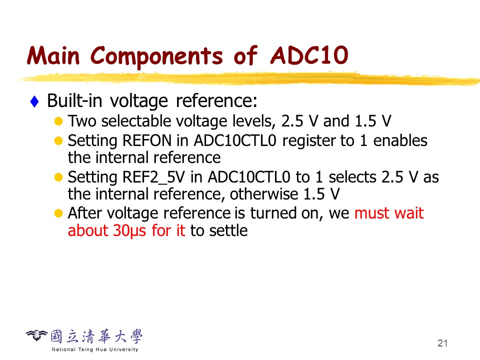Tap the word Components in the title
point(156,56)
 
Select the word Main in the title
point(53,55)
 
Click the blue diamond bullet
point(34,101)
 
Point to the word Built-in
point(74,100)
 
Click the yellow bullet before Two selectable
point(58,121)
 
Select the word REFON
point(147,141)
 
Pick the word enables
point(400,141)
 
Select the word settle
point(228,230)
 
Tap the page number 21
point(442,343)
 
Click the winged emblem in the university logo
point(36,335)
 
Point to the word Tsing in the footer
point(85,349)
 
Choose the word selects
point(352,177)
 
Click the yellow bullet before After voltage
point(58,213)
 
